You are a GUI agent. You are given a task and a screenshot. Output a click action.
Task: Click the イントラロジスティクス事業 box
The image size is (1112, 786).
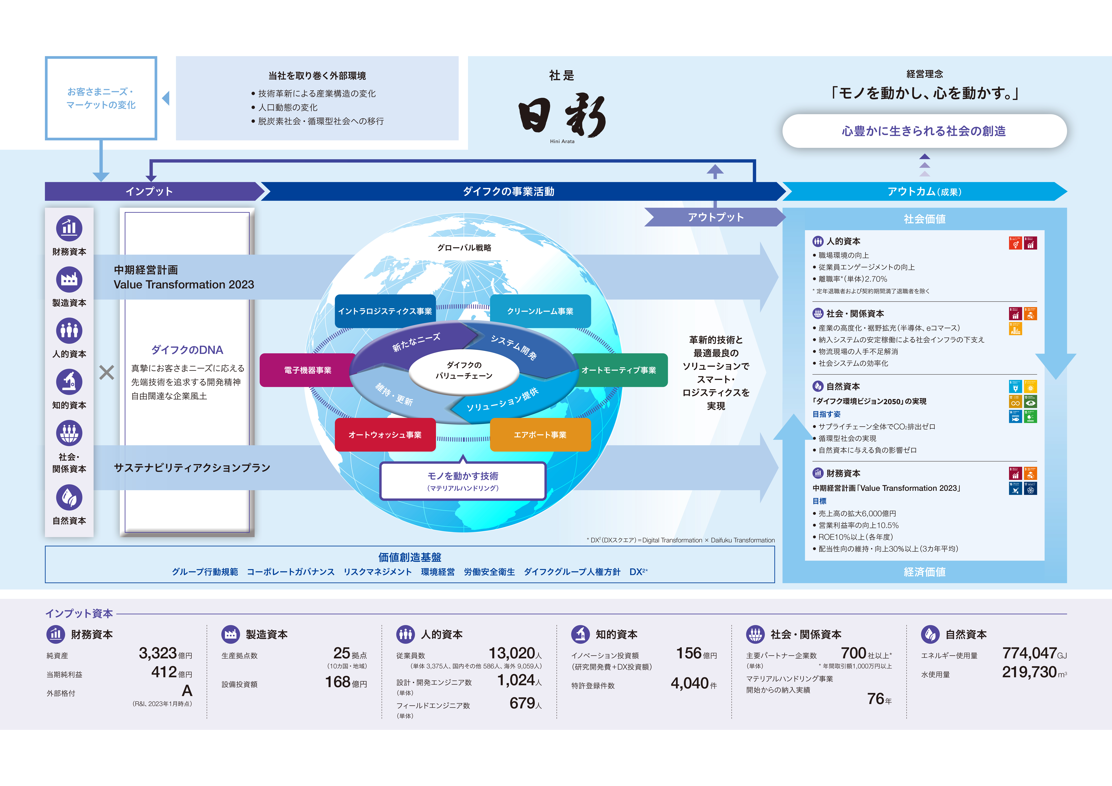(x=385, y=311)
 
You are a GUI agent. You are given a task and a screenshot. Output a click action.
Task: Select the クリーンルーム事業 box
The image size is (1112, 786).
(x=540, y=311)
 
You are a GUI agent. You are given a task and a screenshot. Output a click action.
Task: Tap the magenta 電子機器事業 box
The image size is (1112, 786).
(x=308, y=370)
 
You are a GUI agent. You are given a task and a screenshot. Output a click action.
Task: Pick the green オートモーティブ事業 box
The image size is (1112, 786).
(x=619, y=370)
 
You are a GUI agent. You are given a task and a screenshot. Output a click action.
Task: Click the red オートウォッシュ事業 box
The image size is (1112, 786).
(x=385, y=434)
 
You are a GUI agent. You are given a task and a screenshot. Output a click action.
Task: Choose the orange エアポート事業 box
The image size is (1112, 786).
(x=540, y=434)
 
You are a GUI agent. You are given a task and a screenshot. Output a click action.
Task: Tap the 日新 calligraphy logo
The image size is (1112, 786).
(x=562, y=116)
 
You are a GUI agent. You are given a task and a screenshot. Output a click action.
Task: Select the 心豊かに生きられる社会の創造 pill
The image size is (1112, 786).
(x=924, y=131)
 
